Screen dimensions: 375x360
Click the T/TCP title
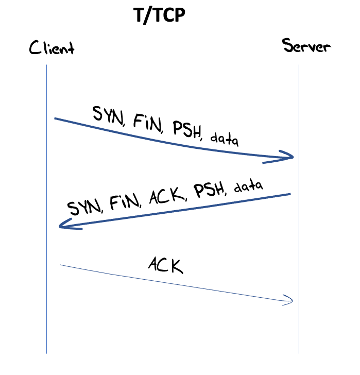click(159, 16)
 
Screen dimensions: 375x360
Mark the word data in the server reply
click(248, 186)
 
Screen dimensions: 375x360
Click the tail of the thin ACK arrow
click(62, 265)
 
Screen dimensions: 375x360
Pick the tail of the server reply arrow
click(289, 195)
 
